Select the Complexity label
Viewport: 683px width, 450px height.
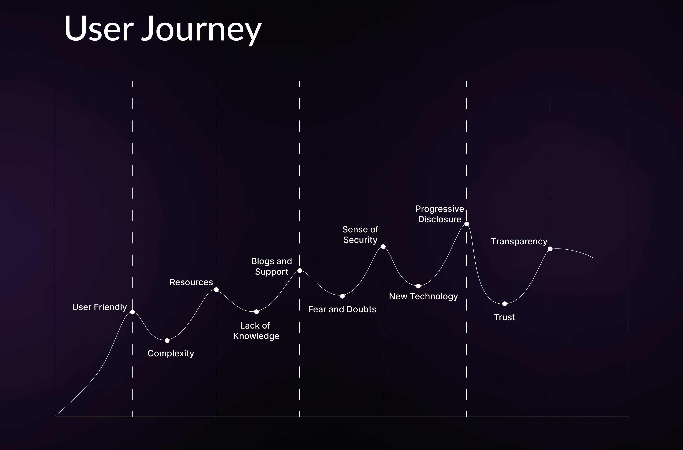pos(171,353)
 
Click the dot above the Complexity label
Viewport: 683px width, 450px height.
pos(167,341)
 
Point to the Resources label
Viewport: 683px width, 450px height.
pos(191,282)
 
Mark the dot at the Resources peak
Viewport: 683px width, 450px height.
pos(216,290)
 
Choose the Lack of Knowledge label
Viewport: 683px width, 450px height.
pos(256,331)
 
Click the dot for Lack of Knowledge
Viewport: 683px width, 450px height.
pos(256,312)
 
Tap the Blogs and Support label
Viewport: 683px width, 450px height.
pos(271,266)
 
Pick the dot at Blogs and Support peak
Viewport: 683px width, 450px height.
pos(300,270)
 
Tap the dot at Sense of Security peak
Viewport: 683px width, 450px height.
pos(383,247)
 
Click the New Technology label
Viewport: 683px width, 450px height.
pos(423,296)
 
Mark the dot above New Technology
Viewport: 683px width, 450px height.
pos(418,286)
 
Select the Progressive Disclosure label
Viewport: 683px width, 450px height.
pos(440,214)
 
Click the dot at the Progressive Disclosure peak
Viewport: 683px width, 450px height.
pos(467,224)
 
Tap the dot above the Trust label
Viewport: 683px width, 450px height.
pos(504,304)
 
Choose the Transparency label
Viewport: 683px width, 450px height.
pos(519,241)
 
